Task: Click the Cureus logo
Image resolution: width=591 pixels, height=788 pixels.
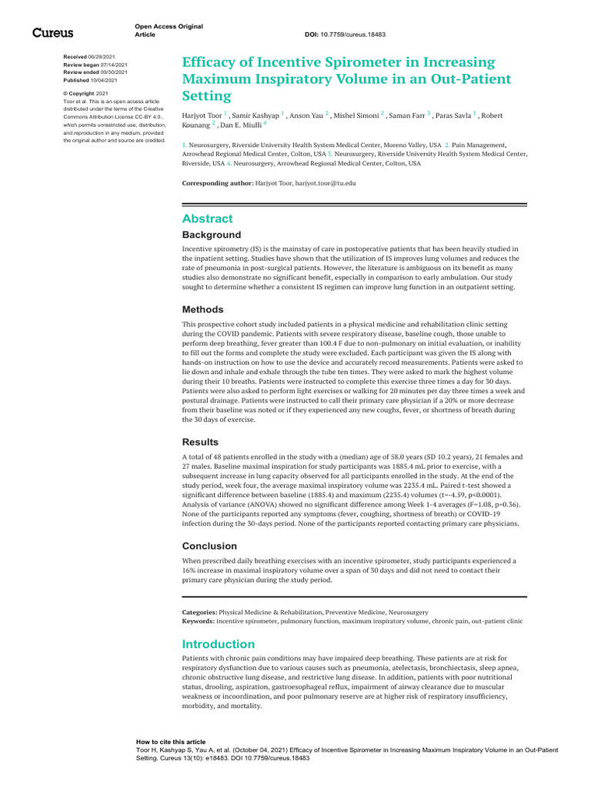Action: (52, 32)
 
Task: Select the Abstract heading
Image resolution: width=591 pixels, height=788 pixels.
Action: (207, 219)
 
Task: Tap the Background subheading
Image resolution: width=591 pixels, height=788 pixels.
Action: (211, 235)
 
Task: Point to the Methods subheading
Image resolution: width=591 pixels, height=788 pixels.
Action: (202, 309)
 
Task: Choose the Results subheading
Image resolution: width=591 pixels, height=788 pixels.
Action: (200, 442)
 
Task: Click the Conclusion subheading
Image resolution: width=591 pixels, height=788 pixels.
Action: (209, 546)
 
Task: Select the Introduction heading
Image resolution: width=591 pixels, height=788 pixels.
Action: (218, 644)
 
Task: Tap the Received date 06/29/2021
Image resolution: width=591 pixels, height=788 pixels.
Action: (103, 58)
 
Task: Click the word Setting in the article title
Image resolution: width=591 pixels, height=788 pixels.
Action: (206, 96)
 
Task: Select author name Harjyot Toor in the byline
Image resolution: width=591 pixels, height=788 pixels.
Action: (201, 115)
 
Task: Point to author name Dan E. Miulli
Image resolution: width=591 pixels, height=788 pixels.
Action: (241, 125)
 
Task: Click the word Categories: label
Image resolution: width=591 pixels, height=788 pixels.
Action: (199, 612)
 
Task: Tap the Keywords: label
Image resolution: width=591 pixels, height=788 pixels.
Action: (198, 620)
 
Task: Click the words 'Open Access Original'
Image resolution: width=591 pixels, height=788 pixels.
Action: (169, 26)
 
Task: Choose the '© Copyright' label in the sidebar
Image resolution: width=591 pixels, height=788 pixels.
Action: (78, 93)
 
